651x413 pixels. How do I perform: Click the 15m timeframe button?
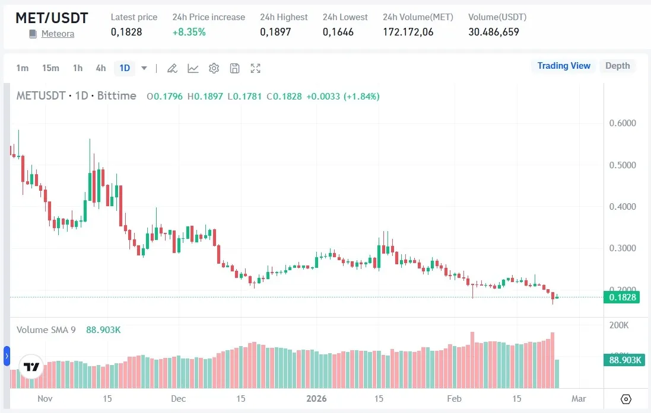50,68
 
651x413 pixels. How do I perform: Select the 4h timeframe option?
101,68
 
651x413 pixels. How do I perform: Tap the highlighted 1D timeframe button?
125,68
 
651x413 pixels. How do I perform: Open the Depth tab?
617,66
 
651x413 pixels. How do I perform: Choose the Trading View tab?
564,66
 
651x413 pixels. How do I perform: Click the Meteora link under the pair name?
58,34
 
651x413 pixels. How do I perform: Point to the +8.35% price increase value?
189,32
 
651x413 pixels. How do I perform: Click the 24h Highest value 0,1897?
275,32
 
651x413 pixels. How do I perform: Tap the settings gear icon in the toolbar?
214,68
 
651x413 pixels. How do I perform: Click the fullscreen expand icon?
256,68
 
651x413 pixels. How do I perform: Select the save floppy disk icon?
235,68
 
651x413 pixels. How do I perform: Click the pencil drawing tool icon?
172,68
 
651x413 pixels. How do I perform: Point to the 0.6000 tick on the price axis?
623,123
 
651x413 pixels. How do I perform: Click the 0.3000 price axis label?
623,248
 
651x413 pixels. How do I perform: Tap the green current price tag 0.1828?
622,297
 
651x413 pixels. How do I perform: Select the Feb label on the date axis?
455,398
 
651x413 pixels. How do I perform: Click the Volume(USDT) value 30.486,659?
494,32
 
